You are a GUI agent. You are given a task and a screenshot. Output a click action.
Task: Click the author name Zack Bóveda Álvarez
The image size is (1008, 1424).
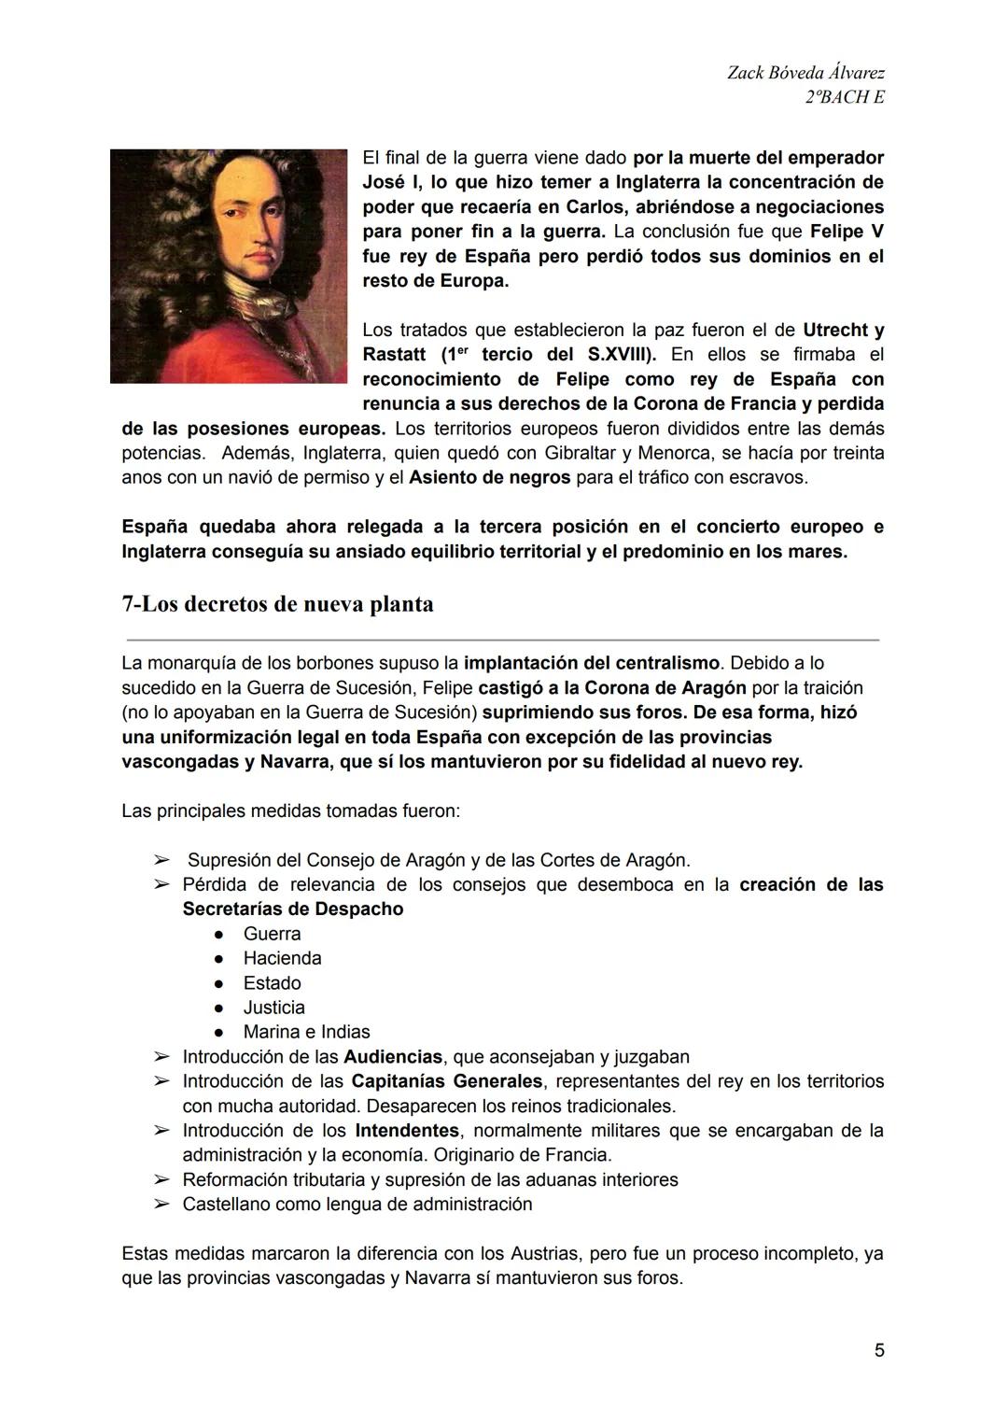coord(805,73)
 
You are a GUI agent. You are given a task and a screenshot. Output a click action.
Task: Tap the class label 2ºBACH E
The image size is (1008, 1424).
coord(844,97)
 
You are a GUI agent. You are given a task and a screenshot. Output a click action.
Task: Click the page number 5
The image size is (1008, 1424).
coord(879,1350)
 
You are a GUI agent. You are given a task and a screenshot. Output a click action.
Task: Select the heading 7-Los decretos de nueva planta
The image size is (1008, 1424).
coord(277,604)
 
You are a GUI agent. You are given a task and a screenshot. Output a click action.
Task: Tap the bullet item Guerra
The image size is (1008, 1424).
coord(272,934)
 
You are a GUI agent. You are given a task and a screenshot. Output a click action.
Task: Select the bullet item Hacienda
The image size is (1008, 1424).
coord(282,958)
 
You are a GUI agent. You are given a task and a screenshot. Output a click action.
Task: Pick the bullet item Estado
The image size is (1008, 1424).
coord(272,983)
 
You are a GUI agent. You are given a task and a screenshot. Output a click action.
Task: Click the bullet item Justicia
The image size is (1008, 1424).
coord(273,1008)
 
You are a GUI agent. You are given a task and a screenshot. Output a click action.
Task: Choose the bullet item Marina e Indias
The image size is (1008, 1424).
coord(306,1032)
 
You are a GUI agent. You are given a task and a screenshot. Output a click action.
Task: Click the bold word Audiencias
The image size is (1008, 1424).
coord(392,1057)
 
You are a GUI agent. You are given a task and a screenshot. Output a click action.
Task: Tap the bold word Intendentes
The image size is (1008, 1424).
coord(407,1131)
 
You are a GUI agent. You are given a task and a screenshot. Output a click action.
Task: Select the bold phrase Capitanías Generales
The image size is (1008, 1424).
coord(446,1081)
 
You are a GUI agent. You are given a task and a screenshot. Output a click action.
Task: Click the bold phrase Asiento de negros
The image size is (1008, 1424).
coord(490,477)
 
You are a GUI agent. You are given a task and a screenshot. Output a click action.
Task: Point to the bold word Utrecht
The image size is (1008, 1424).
coord(835,330)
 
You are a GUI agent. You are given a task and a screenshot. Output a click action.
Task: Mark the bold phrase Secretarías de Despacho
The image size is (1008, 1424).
coord(293,909)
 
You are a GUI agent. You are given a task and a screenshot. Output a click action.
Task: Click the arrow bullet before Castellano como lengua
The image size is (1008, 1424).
coord(162,1205)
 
